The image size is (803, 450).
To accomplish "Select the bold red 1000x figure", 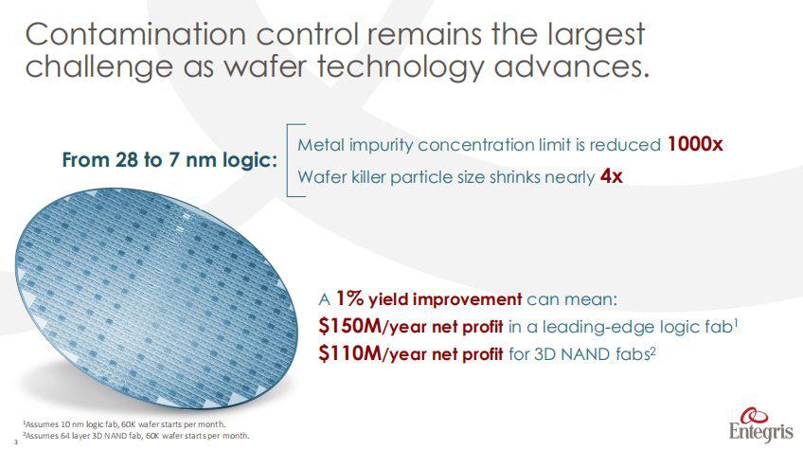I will coord(695,145).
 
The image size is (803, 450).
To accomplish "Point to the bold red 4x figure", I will coord(612,176).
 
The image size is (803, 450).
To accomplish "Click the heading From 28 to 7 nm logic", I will coord(170,159).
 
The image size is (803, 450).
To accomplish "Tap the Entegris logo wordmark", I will coord(758,431).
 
